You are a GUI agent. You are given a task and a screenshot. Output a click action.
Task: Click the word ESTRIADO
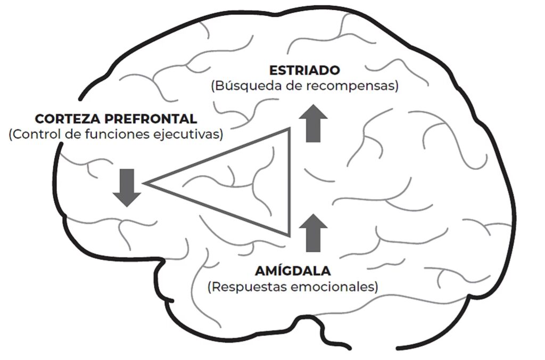304,70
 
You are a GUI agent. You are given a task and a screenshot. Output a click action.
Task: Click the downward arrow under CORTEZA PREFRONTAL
127,187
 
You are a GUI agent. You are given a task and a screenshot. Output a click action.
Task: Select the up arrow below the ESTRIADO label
313,123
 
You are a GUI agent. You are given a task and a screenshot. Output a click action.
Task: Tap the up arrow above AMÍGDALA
314,232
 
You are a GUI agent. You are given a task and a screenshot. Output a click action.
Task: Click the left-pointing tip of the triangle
146,183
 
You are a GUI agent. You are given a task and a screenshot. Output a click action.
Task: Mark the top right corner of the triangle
290,128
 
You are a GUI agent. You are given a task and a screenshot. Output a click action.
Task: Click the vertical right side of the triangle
290,181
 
